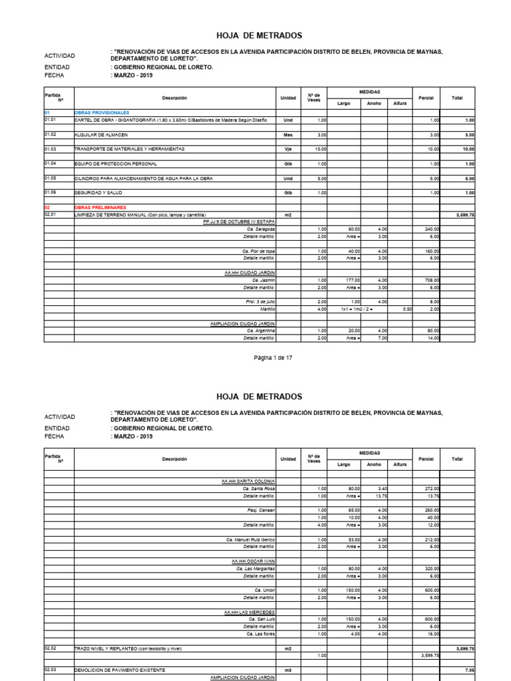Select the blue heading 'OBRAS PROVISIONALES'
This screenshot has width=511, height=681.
click(x=102, y=112)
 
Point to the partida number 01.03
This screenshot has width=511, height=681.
click(x=51, y=149)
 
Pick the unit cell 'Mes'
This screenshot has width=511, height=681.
click(x=288, y=134)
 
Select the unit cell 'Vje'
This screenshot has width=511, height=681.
click(x=288, y=149)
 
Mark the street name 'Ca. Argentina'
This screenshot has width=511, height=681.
click(x=260, y=331)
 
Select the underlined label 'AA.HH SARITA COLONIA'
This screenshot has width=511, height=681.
click(x=248, y=481)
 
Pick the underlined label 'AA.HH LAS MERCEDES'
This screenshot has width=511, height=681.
click(x=250, y=611)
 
